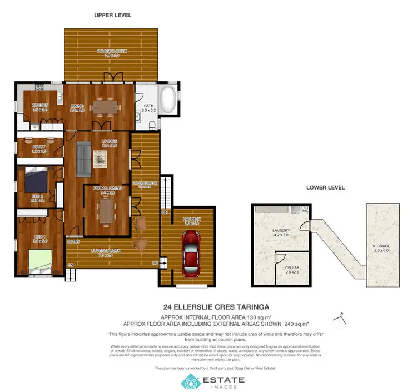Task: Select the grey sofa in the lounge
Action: (x=85, y=157)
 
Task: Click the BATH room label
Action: (x=148, y=105)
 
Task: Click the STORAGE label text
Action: (x=381, y=246)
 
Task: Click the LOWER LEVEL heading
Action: (x=325, y=187)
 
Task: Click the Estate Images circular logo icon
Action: (x=190, y=381)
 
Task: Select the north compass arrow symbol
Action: (x=339, y=317)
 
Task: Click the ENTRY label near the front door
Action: (x=73, y=241)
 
